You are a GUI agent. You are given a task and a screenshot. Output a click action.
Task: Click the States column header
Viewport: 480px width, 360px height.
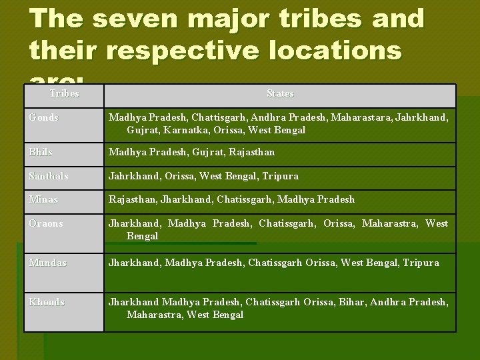(x=279, y=94)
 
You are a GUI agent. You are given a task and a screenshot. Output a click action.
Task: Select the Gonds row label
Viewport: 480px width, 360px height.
(x=44, y=117)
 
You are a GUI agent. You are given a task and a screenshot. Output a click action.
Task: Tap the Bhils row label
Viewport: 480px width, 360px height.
(x=41, y=153)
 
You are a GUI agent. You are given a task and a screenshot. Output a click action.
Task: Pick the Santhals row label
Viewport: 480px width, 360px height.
(x=49, y=176)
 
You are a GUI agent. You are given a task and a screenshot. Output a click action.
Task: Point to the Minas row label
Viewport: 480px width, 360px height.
(x=43, y=199)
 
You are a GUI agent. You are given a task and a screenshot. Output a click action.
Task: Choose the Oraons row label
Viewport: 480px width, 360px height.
(x=46, y=223)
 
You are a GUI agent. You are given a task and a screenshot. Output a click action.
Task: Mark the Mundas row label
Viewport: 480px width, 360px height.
(x=47, y=263)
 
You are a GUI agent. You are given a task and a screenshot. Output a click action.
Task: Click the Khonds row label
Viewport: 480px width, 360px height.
(x=47, y=302)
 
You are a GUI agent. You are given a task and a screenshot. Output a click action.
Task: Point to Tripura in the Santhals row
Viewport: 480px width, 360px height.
(x=280, y=176)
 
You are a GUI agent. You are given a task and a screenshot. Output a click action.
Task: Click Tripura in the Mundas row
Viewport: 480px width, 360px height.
(x=420, y=263)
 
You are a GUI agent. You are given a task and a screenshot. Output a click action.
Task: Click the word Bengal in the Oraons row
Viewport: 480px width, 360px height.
(x=142, y=236)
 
